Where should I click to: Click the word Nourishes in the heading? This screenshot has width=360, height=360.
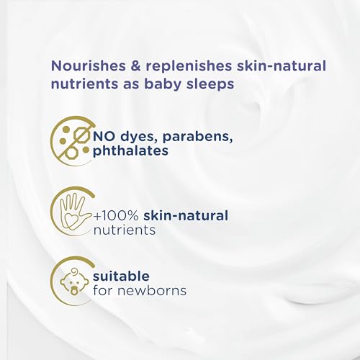point(89,66)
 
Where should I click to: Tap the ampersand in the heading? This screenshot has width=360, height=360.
point(136,66)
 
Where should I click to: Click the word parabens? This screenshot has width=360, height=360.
point(197,138)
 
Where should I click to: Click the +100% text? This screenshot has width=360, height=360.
point(116,215)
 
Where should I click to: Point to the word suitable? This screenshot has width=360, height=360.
point(121,276)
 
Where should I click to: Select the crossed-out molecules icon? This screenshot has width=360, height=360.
point(72,140)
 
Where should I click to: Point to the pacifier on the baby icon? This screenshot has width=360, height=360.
point(73,290)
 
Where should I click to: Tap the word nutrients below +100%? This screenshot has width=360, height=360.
point(125,230)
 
